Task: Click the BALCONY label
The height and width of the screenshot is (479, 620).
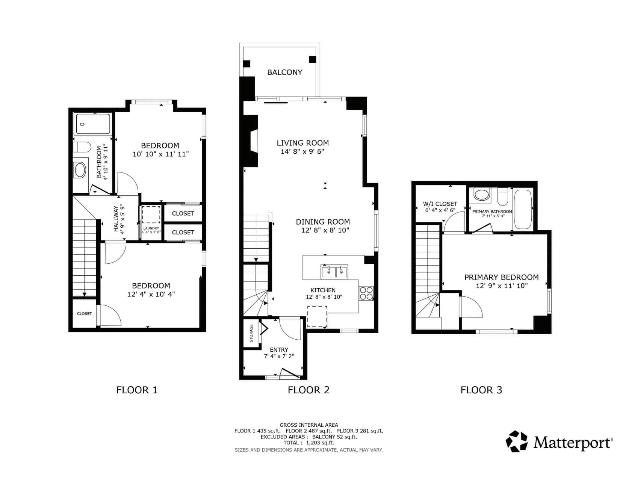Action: [x=284, y=73]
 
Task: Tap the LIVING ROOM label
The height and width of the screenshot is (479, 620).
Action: [x=303, y=143]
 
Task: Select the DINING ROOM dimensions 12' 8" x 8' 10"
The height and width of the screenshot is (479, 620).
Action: [x=325, y=230]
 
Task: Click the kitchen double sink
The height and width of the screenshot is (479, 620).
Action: [x=334, y=271]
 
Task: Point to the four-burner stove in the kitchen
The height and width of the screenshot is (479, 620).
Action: [x=366, y=293]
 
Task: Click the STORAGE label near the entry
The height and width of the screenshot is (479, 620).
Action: [x=251, y=333]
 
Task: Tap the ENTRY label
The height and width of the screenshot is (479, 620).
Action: [x=279, y=350]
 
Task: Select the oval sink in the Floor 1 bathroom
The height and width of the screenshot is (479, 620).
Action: [x=80, y=170]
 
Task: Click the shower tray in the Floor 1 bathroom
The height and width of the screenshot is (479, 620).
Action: [x=92, y=124]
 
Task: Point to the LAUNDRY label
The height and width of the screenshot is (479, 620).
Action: [x=151, y=228]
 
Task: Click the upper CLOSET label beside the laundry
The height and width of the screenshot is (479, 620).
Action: [x=183, y=213]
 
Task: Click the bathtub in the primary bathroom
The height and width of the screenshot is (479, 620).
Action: [x=523, y=210]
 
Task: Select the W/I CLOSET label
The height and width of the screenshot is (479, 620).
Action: [x=440, y=204]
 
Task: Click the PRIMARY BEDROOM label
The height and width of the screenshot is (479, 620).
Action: [x=502, y=277]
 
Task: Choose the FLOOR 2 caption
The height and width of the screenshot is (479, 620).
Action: [x=308, y=390]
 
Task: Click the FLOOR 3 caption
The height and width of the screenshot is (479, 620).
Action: [x=481, y=390]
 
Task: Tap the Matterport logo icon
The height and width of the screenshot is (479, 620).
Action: [x=517, y=442]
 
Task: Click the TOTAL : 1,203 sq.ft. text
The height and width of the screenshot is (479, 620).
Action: [x=308, y=443]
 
